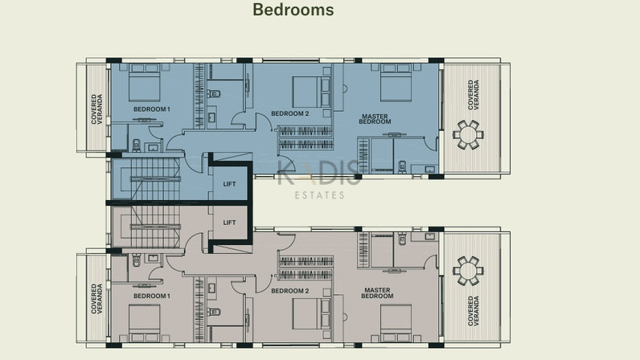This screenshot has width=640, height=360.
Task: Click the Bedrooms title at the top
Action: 293,10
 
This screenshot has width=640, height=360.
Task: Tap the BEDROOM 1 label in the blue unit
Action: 152,109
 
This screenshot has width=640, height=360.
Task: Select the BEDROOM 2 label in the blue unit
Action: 289,113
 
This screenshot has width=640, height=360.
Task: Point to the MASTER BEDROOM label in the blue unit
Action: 375,119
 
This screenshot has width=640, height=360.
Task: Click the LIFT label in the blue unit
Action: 229,184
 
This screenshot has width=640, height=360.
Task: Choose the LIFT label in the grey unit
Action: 229,223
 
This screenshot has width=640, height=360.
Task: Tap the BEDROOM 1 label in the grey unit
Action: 152,296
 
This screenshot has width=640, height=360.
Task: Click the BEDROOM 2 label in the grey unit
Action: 289,291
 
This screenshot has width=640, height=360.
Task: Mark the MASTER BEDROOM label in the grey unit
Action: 377,293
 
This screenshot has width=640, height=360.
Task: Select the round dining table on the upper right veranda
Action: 468,135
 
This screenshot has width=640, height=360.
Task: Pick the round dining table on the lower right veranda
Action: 468,271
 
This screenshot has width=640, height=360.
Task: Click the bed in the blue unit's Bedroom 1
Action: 145,83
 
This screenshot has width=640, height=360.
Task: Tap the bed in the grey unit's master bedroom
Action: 396,323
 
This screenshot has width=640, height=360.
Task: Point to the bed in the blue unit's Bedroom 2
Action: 311,92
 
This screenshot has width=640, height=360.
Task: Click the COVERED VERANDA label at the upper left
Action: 96,109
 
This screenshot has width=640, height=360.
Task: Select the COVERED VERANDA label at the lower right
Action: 474,311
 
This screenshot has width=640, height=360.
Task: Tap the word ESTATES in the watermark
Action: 319,195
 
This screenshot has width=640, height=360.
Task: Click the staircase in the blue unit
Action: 155,179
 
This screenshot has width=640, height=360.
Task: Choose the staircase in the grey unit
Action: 155,227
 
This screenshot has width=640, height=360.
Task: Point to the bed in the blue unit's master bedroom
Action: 396,83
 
